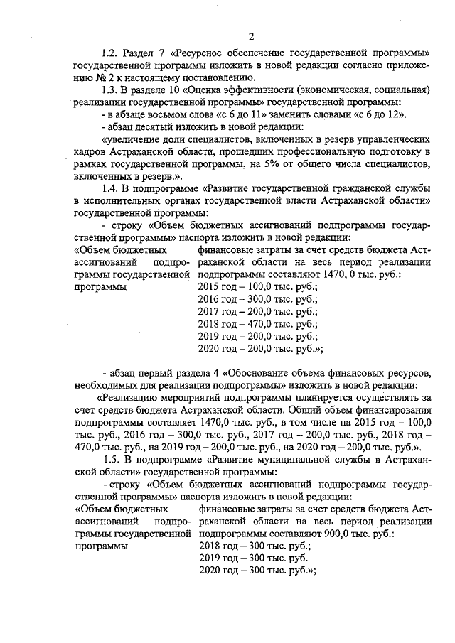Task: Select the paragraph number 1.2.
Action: [109, 53]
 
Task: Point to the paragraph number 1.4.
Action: [110, 188]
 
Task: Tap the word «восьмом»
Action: [159, 114]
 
